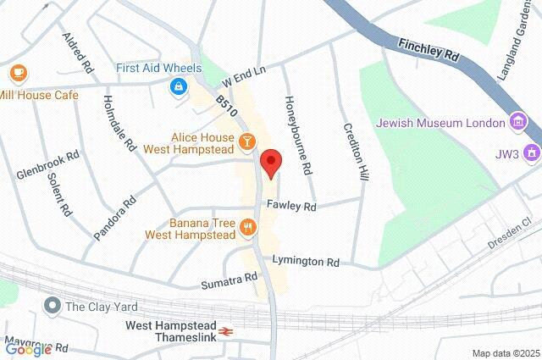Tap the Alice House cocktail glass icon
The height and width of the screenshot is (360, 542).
tap(246, 141)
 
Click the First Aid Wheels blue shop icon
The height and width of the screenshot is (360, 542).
tap(179, 86)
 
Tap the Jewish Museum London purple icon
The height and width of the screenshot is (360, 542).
tap(517, 123)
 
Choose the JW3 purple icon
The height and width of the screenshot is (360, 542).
tap(531, 153)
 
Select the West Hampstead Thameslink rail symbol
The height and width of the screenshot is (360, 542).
tap(226, 332)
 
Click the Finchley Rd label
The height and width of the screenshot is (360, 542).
tap(429, 51)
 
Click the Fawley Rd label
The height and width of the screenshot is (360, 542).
tap(291, 206)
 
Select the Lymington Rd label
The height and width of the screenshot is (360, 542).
tap(306, 262)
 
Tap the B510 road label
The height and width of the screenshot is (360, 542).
tap(224, 106)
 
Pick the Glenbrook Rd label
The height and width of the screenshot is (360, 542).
tap(47, 165)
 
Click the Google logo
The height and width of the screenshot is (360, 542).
tap(28, 349)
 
